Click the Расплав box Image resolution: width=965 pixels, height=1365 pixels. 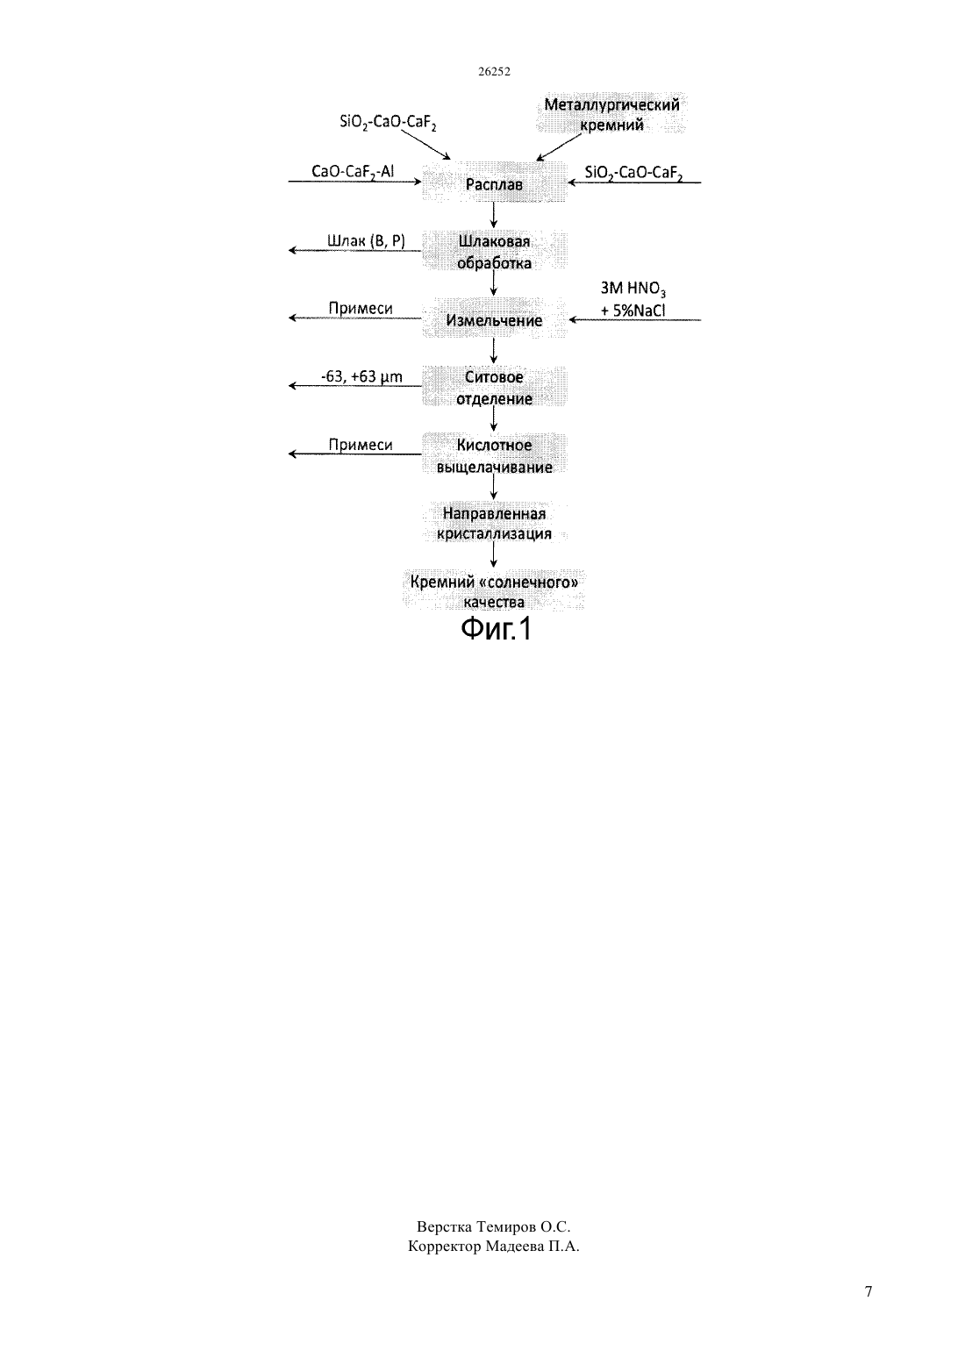click(494, 182)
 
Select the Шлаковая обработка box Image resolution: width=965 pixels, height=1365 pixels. click(494, 250)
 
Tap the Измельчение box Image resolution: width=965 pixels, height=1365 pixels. click(494, 318)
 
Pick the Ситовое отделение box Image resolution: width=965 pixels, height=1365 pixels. click(494, 387)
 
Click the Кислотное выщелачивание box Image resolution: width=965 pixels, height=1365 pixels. click(494, 454)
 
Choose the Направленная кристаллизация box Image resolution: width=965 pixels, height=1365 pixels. click(494, 523)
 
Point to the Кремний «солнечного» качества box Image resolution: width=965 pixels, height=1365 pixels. click(493, 590)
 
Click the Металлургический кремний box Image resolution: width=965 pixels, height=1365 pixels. click(611, 114)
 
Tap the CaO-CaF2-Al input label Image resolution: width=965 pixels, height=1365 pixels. click(353, 171)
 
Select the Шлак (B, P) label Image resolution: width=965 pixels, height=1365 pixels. click(366, 241)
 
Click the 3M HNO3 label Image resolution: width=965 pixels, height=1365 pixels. click(633, 289)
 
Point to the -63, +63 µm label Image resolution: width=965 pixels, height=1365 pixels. click(361, 377)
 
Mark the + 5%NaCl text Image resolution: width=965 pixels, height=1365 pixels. click(633, 311)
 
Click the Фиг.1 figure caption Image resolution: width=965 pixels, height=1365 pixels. click(496, 628)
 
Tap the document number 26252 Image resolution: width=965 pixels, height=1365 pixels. click(494, 71)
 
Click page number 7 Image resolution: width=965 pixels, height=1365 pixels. click(868, 1291)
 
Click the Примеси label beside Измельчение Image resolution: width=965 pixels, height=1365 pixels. click(361, 308)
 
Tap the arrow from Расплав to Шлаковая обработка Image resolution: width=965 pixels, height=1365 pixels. click(493, 215)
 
